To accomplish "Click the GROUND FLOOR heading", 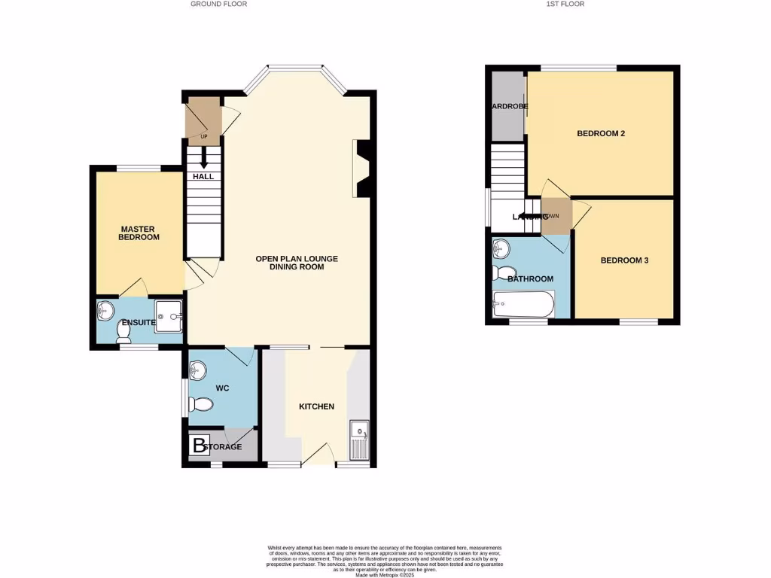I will (218, 4).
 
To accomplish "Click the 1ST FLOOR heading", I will (566, 4).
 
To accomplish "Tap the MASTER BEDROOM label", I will (139, 233).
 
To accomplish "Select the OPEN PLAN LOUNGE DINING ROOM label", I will (297, 263).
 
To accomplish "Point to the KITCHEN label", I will (316, 406).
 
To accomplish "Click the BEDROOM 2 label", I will (601, 134).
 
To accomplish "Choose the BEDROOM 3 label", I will (624, 260).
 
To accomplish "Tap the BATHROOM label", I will (530, 278).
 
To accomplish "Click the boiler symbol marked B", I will (199, 446).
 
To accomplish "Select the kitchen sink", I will (359, 440).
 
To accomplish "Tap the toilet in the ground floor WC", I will (201, 404).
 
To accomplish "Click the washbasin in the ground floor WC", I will (197, 370).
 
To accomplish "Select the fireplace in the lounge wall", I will (360, 169).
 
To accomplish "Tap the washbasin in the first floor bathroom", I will (502, 248).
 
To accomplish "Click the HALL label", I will (203, 176).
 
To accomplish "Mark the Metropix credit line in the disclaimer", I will (385, 574).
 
